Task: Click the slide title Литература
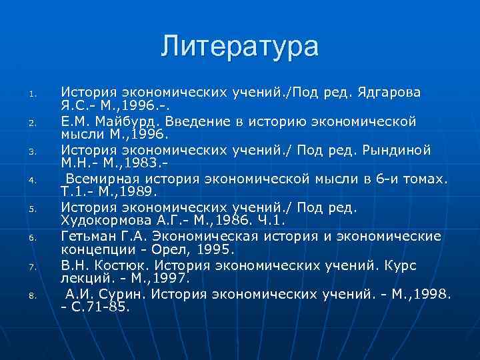coord(240,47)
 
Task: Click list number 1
coord(40,93)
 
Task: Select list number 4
coord(40,180)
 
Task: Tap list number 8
coord(40,295)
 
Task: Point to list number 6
coord(40,238)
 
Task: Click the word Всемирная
coord(101,179)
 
